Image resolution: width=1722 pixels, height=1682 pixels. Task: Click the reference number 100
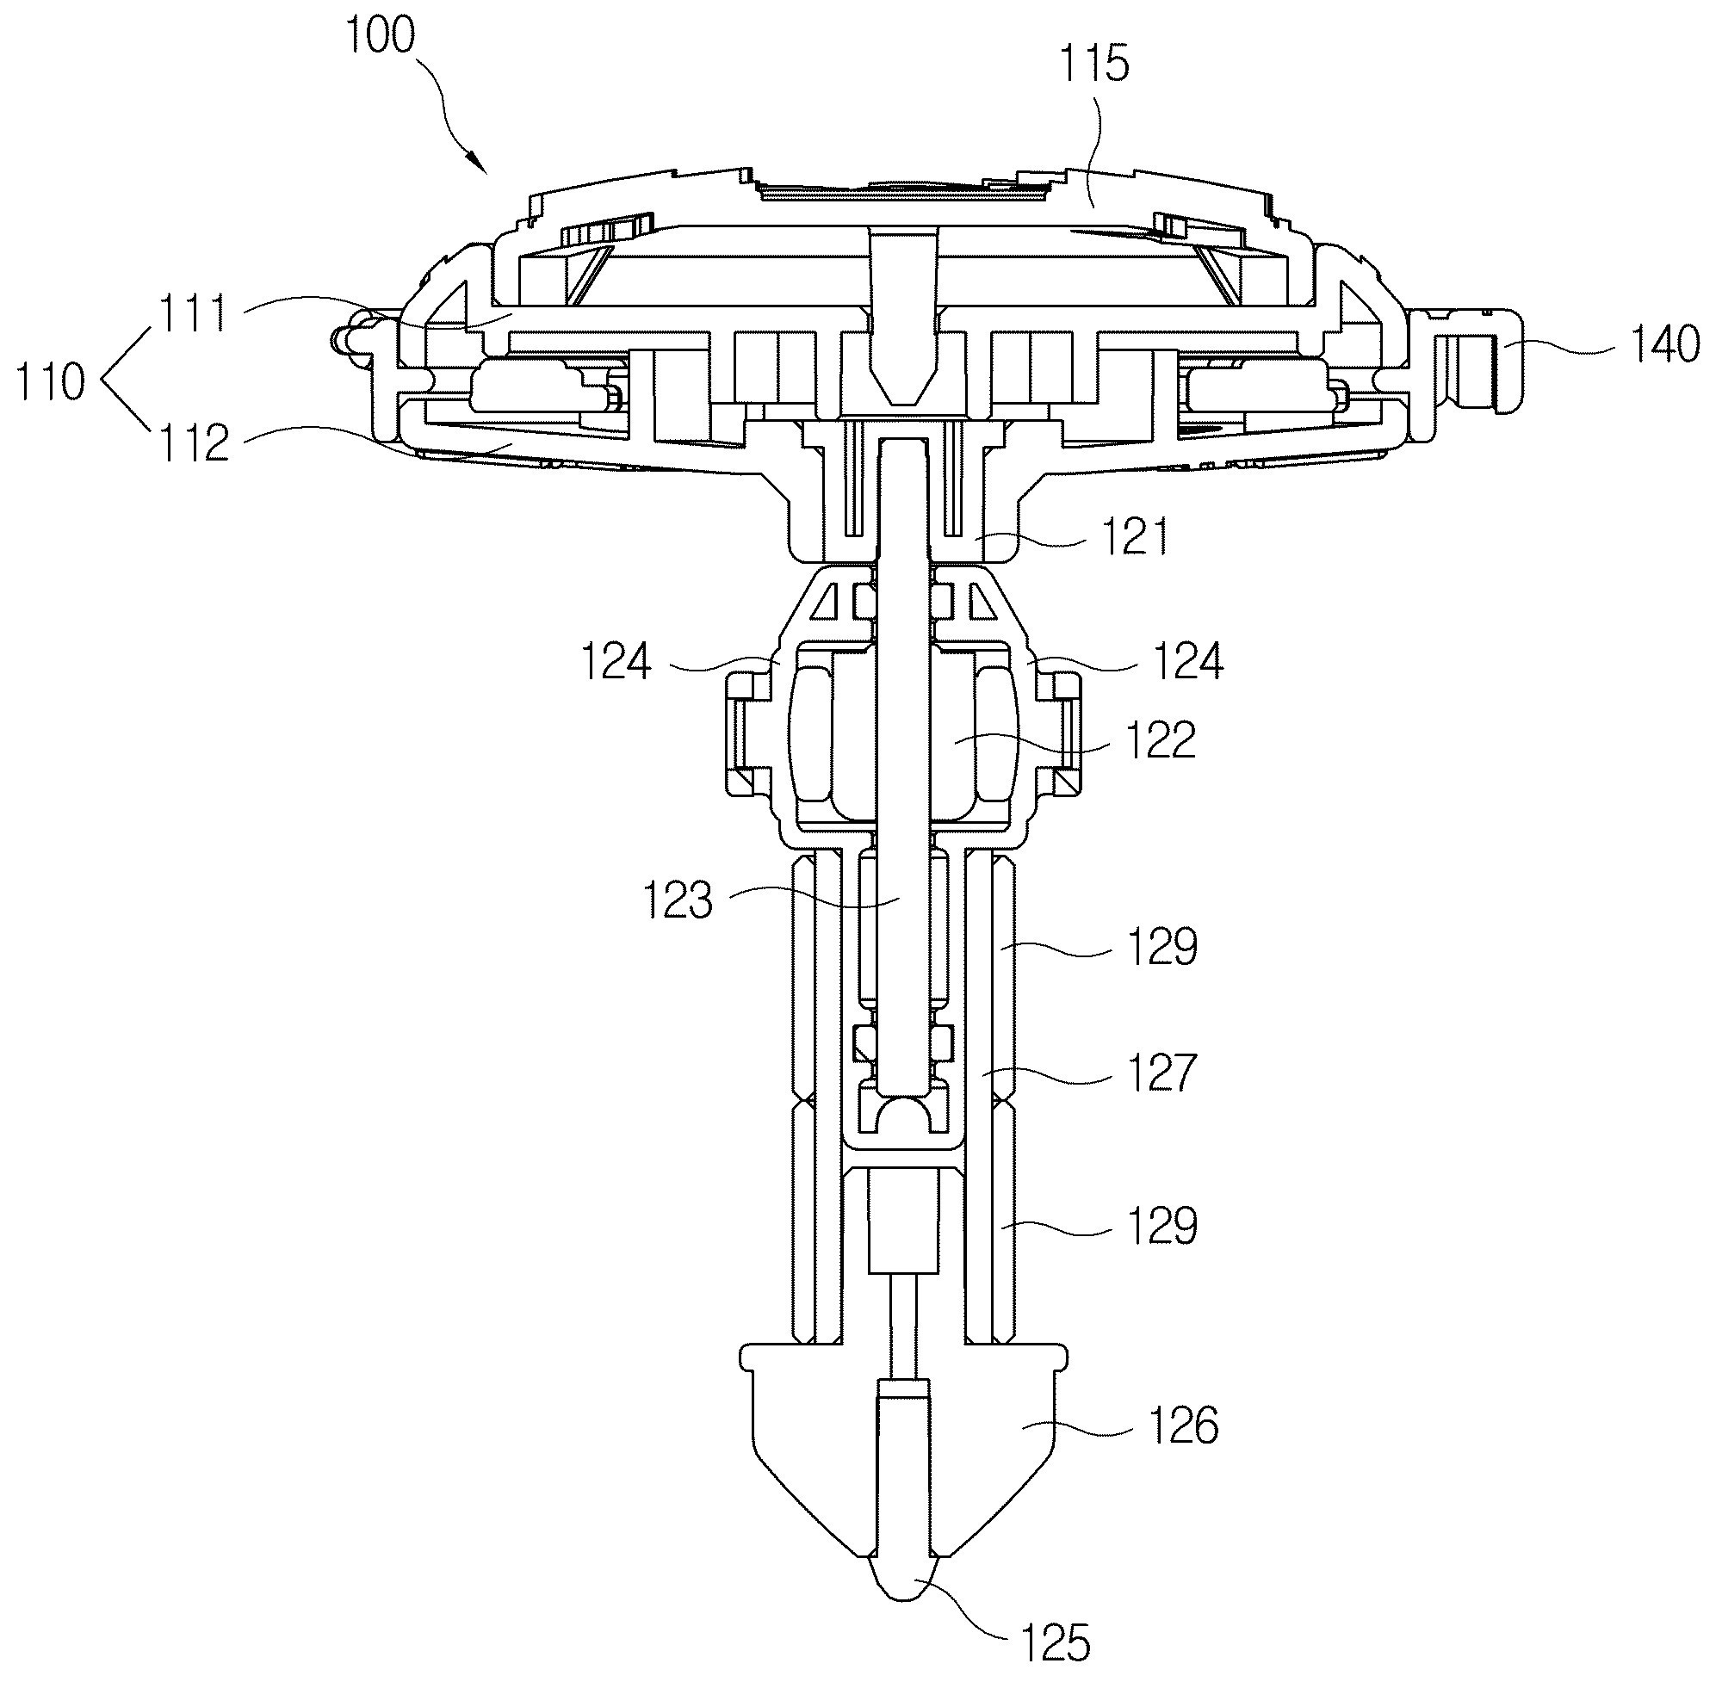[x=381, y=36]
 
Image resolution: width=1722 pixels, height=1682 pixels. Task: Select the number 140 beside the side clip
[x=1664, y=343]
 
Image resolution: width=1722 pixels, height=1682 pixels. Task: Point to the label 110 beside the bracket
[x=50, y=382]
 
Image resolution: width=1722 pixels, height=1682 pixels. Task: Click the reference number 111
[x=194, y=312]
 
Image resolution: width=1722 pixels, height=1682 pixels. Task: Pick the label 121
[x=1135, y=536]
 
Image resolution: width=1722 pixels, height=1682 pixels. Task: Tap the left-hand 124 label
[x=616, y=661]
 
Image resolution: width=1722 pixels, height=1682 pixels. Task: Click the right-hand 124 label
[x=1188, y=661]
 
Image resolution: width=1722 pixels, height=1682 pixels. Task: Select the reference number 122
[x=1161, y=740]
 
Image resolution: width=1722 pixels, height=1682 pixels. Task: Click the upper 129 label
[x=1161, y=947]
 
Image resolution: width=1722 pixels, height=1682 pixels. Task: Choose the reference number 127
[x=1161, y=1073]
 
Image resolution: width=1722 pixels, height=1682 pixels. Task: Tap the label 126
[x=1183, y=1425]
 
